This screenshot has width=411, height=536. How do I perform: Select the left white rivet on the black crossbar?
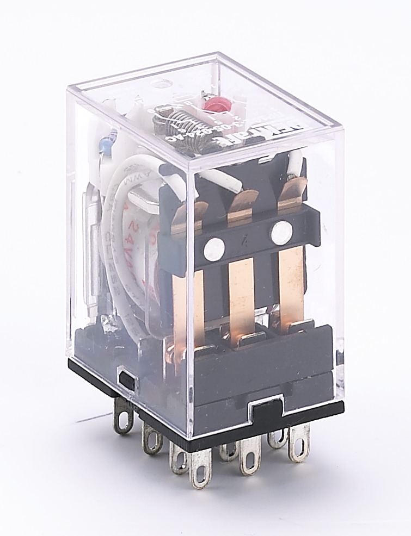213,248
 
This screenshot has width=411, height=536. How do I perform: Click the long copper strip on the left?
188,304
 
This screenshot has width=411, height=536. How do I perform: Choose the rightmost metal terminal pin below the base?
299,443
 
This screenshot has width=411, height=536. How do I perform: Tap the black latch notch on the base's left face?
126,379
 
